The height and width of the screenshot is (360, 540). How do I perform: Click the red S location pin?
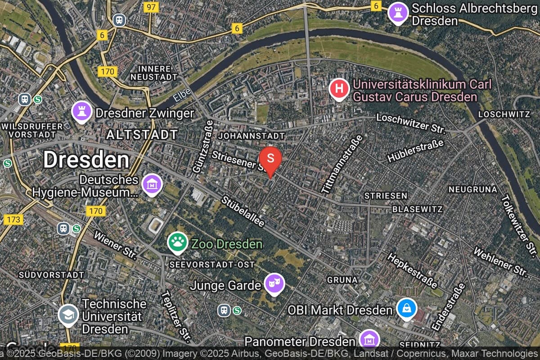pos(270,159)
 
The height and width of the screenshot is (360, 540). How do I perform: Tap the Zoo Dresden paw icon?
pos(178,242)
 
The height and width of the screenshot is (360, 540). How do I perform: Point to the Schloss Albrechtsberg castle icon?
pos(398,12)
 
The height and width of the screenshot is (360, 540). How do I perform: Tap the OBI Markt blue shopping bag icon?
pos(407,309)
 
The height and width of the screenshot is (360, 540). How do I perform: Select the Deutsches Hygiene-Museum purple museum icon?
pos(152,184)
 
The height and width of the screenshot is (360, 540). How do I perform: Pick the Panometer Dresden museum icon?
pos(369,340)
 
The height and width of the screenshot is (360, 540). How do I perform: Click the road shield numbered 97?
pos(151,7)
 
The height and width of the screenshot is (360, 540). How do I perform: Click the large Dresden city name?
pos(86,160)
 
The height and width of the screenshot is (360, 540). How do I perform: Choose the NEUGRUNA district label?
pos(472,189)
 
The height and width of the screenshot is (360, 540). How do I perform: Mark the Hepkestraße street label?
pos(411,270)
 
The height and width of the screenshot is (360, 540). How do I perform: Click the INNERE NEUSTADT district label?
pos(151,73)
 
